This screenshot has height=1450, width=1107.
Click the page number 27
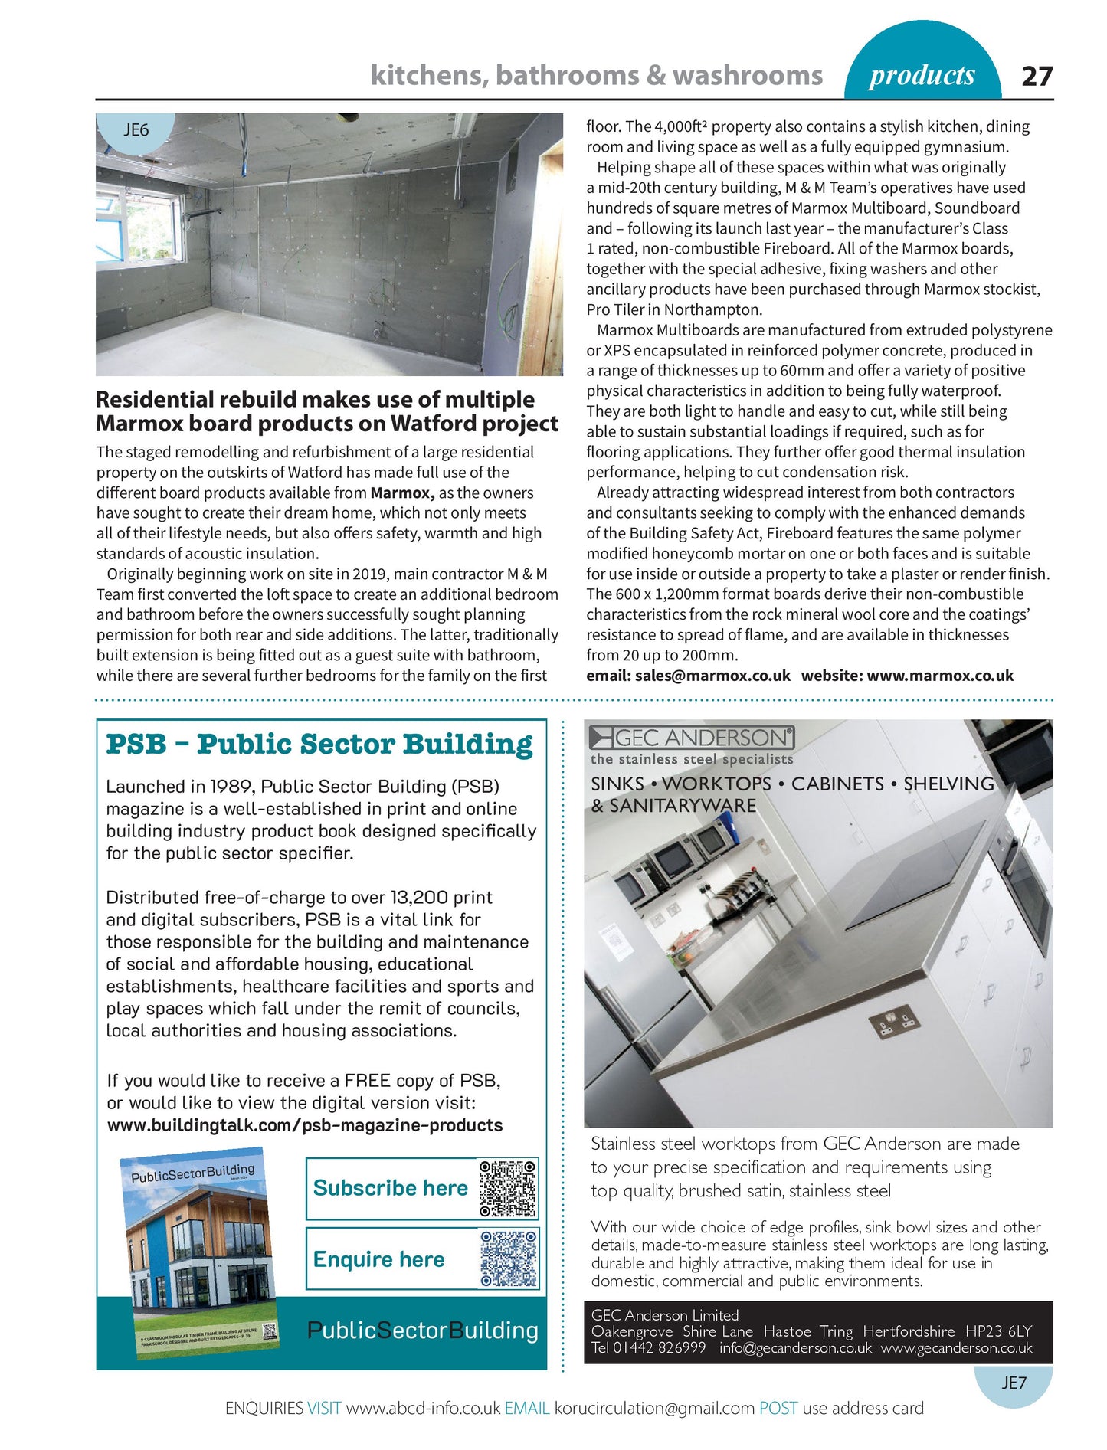click(x=1037, y=76)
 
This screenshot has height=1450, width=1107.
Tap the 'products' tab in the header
click(x=922, y=75)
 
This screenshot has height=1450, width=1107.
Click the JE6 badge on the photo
click(x=136, y=130)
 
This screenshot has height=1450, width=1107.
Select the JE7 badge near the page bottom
click(x=1014, y=1383)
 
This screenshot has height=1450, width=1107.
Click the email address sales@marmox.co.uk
click(x=712, y=676)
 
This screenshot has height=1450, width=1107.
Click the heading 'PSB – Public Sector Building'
click(x=319, y=745)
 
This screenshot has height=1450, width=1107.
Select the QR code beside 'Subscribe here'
click(x=508, y=1189)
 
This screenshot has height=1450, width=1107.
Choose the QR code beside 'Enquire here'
click(x=508, y=1259)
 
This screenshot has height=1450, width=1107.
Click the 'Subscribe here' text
click(x=390, y=1188)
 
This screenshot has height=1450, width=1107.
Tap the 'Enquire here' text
click(x=378, y=1259)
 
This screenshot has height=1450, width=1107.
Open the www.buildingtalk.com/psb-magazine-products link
click(x=305, y=1125)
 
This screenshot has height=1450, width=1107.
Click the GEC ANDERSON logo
click(x=692, y=737)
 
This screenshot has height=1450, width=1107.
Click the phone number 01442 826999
click(x=659, y=1347)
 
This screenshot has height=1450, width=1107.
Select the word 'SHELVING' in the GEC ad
click(x=948, y=784)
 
